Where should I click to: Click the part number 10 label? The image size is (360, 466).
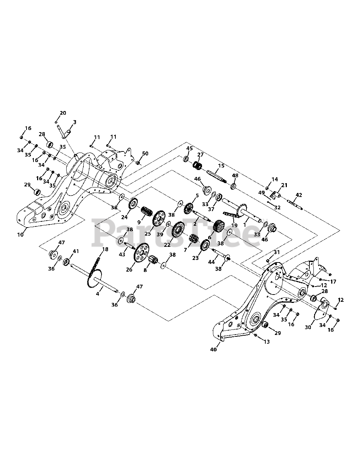click(20, 234)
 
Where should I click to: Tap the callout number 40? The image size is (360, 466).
click(214, 349)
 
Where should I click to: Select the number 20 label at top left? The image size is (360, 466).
click(63, 113)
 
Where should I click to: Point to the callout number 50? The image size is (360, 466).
click(145, 153)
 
